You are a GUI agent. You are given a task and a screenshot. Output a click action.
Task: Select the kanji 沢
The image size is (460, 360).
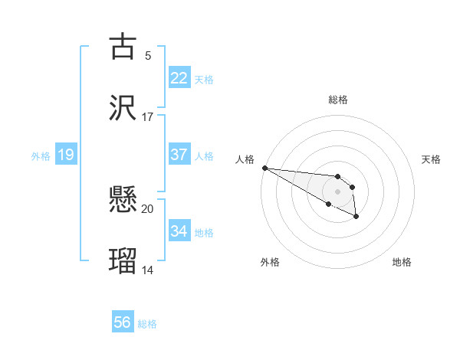(123, 107)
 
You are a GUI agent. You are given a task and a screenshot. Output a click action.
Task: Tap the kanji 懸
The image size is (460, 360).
(123, 201)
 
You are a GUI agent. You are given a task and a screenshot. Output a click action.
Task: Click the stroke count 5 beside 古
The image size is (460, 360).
(148, 55)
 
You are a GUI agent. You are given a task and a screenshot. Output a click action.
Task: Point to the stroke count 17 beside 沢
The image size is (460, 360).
(148, 116)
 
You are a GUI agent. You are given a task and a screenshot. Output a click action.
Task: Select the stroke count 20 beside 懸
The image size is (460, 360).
(148, 209)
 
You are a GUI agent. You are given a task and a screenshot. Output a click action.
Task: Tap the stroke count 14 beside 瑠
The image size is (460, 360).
(148, 270)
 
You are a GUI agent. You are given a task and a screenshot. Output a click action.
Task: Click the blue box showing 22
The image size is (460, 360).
(179, 78)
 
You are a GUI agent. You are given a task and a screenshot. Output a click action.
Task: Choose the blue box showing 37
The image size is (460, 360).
(179, 155)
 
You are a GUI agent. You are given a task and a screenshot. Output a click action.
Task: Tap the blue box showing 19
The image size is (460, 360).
(66, 155)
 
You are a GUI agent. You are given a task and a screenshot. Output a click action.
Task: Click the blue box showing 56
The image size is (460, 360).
(123, 322)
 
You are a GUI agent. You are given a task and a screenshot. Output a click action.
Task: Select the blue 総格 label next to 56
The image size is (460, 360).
(147, 324)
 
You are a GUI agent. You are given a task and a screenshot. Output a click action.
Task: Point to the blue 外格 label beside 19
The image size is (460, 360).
(41, 156)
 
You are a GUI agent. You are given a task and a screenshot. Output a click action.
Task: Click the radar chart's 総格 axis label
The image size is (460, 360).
(337, 100)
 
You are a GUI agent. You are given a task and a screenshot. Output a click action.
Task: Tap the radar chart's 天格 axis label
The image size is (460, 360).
(431, 159)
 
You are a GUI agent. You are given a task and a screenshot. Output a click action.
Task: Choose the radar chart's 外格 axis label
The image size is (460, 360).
(270, 262)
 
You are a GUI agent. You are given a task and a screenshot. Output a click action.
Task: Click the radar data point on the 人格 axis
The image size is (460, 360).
(264, 168)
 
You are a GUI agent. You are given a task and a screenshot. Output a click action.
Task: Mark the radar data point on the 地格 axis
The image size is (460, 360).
(356, 218)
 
